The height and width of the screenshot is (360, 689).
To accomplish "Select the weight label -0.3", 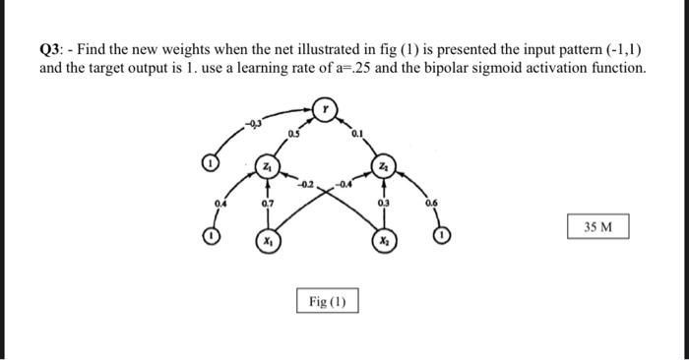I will [256, 123].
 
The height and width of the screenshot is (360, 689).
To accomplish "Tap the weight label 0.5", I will [292, 132].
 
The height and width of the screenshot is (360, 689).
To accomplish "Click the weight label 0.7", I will [267, 204].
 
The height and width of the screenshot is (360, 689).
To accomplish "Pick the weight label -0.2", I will [305, 183].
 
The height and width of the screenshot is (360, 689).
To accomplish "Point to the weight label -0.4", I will [344, 183].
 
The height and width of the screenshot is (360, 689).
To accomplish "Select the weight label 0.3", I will [385, 204].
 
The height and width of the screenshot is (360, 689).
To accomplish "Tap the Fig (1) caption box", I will [328, 300].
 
